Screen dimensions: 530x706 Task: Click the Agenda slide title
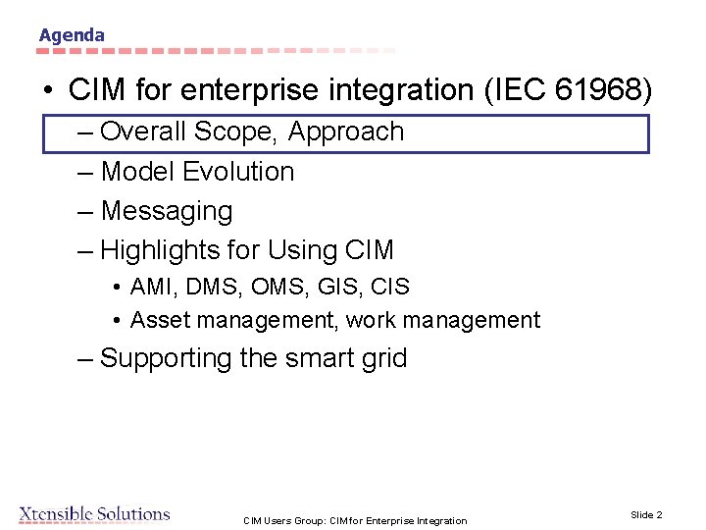(x=72, y=35)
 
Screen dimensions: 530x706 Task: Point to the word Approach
(x=346, y=132)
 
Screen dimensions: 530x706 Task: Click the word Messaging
(x=166, y=211)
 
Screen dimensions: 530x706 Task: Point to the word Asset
(x=158, y=320)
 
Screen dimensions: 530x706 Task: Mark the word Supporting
(x=167, y=358)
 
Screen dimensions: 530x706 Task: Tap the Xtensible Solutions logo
(x=94, y=514)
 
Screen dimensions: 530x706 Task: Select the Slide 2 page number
(x=646, y=514)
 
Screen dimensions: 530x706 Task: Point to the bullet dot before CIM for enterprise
(x=48, y=91)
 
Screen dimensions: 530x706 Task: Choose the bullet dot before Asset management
(x=116, y=321)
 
